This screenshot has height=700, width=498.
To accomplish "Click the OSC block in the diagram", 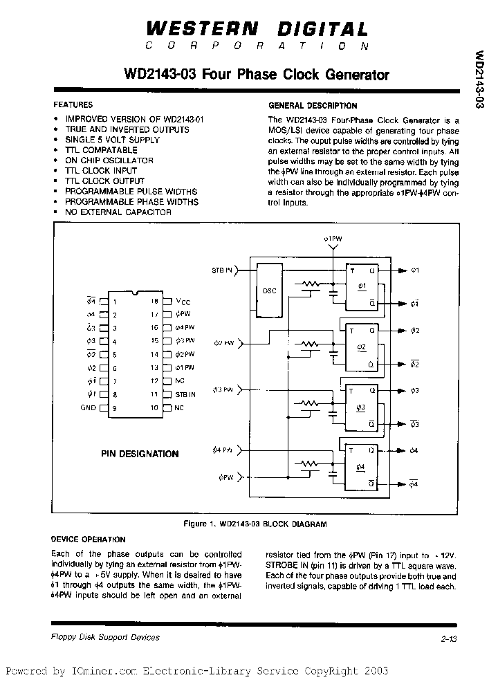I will [x=270, y=291].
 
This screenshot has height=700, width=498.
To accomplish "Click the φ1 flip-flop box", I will [x=362, y=287].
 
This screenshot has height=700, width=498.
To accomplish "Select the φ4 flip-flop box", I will [x=362, y=468].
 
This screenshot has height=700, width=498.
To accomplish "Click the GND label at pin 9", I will [x=89, y=408].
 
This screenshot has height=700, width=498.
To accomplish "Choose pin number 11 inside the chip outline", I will [x=154, y=394].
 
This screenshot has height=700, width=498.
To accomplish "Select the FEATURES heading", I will [x=73, y=105].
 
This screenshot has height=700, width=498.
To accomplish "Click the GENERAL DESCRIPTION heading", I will [x=313, y=106].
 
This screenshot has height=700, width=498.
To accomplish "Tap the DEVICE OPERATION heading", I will [x=89, y=540].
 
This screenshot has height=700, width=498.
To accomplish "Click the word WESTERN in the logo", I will [x=201, y=29].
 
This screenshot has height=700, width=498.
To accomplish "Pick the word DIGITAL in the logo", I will [x=323, y=29].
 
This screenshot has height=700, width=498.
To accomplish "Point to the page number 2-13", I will [x=448, y=639].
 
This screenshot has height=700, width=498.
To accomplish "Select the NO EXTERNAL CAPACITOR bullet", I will [x=118, y=212].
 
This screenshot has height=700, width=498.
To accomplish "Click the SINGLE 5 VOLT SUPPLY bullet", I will [x=112, y=140].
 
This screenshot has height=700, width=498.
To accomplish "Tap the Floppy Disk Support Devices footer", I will [x=105, y=637].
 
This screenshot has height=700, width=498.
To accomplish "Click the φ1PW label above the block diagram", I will [x=333, y=239].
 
